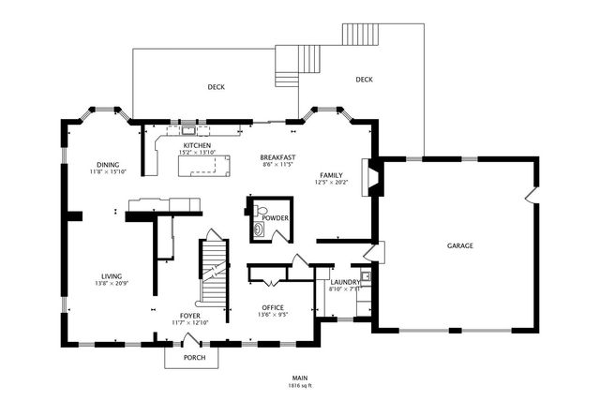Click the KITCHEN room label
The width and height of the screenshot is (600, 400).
[197, 146]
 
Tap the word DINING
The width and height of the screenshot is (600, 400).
[107, 165]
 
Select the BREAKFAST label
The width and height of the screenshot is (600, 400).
[278, 157]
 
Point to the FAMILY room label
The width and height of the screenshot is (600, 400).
[330, 175]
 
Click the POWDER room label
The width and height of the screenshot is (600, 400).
[275, 218]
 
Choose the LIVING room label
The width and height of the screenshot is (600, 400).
[112, 276]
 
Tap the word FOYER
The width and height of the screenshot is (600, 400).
[190, 316]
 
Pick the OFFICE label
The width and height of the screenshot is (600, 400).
[273, 307]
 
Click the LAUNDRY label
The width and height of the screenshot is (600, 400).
[345, 282]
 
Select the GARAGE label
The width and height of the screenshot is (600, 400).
[459, 245]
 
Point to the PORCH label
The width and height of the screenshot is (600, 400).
[194, 358]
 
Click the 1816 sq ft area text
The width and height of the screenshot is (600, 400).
[300, 385]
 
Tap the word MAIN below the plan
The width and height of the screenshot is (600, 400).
[300, 378]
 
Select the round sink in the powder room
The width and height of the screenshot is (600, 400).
[257, 227]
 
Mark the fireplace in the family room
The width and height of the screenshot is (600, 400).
[373, 178]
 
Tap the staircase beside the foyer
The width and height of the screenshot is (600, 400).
[215, 272]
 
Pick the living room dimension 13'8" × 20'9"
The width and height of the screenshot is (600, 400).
[112, 284]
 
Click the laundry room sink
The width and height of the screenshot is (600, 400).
[367, 275]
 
